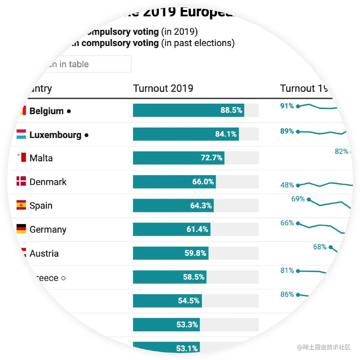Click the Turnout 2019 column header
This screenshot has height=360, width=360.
tap(163, 88)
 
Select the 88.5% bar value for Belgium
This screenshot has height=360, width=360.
tap(231, 110)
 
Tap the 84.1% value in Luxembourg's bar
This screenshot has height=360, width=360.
tap(226, 134)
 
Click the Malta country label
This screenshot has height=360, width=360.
tap(41, 158)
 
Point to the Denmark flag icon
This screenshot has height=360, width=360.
tap(21, 181)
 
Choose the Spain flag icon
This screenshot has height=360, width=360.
tap(21, 205)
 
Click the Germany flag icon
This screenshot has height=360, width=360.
tap(21, 229)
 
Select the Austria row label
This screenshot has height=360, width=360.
tap(44, 253)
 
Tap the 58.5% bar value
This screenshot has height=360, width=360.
tap(194, 277)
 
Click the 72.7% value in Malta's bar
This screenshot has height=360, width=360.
tap(211, 158)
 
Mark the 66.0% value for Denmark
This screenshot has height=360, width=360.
tap(203, 182)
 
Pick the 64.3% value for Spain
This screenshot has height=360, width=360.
tap(201, 206)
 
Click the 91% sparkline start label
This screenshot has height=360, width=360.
tap(287, 106)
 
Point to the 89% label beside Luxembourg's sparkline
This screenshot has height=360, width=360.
tap(287, 131)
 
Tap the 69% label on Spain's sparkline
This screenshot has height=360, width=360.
tap(298, 199)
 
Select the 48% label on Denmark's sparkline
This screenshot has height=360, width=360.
tap(287, 185)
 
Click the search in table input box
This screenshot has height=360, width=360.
tap(83, 64)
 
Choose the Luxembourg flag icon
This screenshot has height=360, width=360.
tap(21, 134)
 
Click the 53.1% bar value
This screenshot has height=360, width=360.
tap(187, 349)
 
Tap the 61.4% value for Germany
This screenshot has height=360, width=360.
tap(197, 229)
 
